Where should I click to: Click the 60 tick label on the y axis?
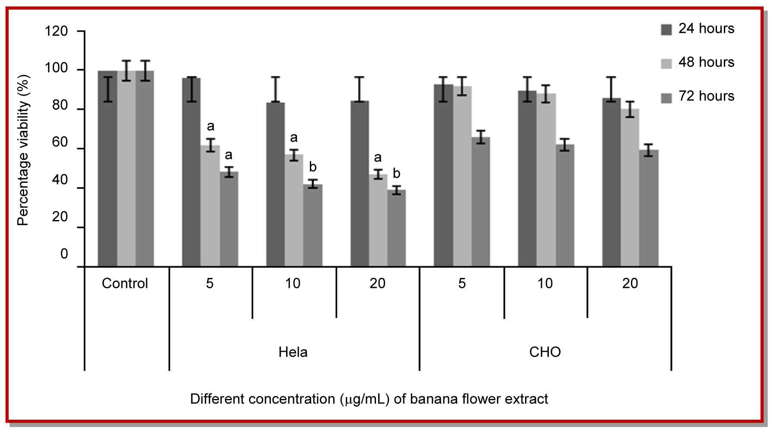coord(60,143)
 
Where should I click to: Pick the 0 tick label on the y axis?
coord(64,254)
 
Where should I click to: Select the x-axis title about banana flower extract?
coord(369,399)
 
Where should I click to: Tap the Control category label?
coord(125,284)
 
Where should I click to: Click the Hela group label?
coord(293,352)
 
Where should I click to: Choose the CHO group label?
coord(545,352)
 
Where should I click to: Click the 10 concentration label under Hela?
coord(293,284)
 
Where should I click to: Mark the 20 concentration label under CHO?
coord(630,284)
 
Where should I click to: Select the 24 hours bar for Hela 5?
coord(191,173)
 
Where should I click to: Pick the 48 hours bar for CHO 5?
coord(462,177)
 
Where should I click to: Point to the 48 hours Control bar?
coord(126,169)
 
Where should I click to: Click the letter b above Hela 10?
coord(313,167)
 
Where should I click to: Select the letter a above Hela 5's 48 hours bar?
coord(210,127)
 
